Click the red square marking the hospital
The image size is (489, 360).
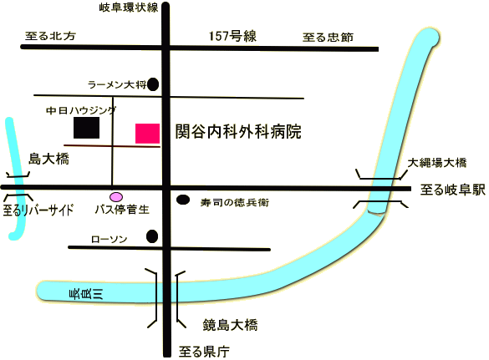[147, 134]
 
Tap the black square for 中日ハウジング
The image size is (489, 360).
[86, 128]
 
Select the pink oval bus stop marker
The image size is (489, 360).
[116, 197]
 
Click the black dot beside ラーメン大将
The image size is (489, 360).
[153, 84]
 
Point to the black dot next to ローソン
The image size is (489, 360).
[152, 236]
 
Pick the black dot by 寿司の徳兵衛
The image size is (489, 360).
[183, 200]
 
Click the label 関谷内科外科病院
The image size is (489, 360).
[238, 131]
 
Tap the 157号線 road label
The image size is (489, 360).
[232, 36]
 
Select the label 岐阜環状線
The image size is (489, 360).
[129, 8]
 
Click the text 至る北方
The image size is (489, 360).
[50, 36]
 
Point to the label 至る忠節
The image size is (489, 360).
[328, 38]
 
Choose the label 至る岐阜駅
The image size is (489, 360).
[453, 190]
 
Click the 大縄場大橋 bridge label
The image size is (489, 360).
[437, 163]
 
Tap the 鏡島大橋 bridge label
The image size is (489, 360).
[230, 325]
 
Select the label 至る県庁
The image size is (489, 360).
[204, 352]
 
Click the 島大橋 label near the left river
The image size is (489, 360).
[48, 159]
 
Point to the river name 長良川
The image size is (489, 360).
[86, 294]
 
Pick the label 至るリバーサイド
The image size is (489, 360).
[38, 210]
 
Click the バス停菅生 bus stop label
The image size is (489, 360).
[122, 210]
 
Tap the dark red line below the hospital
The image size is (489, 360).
[112, 145]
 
